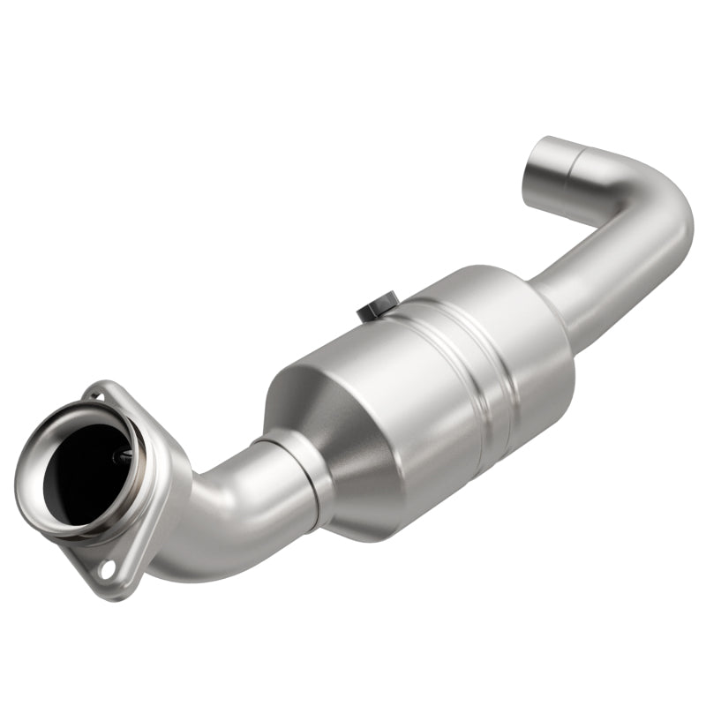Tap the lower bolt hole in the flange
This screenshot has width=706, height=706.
[107, 568]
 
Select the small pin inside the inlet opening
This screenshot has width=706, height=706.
[124, 455]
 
